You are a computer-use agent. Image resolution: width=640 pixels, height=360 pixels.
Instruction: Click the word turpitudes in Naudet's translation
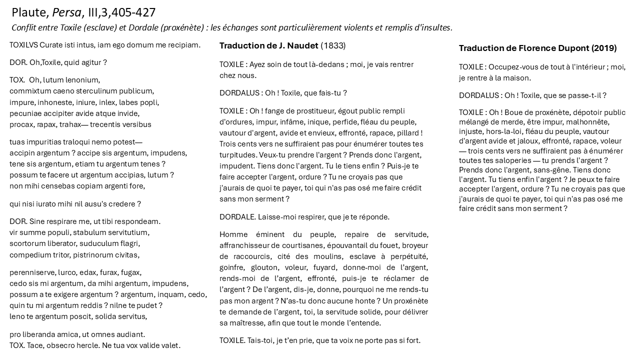point(237,155)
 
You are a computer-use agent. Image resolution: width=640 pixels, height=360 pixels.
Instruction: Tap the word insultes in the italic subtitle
point(435,27)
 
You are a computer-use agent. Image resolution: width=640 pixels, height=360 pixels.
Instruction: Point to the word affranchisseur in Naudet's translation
point(244,245)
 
